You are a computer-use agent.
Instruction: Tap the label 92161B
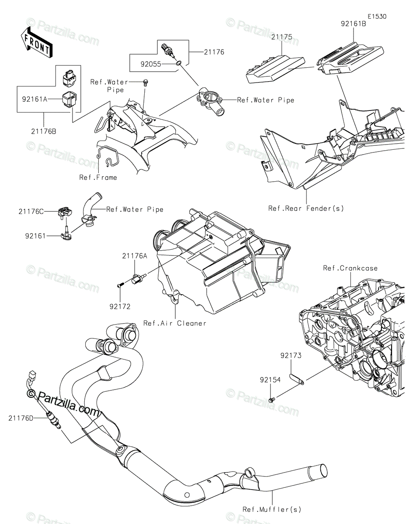pyautogui.click(x=354, y=24)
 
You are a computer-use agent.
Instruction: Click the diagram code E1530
pyautogui.click(x=376, y=16)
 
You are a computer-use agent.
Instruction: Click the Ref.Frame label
pyautogui.click(x=98, y=178)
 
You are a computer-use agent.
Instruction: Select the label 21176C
pyautogui.click(x=31, y=211)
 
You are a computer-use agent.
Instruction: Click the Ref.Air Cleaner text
pyautogui.click(x=175, y=324)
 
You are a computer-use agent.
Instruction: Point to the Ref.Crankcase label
pyautogui.click(x=350, y=268)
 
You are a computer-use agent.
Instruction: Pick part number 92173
pyautogui.click(x=291, y=356)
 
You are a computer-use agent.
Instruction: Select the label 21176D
pyautogui.click(x=20, y=418)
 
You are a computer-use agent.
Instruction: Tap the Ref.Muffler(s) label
pyautogui.click(x=272, y=509)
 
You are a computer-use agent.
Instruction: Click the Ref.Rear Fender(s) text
pyautogui.click(x=306, y=208)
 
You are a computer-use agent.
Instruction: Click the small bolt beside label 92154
pyautogui.click(x=271, y=399)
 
